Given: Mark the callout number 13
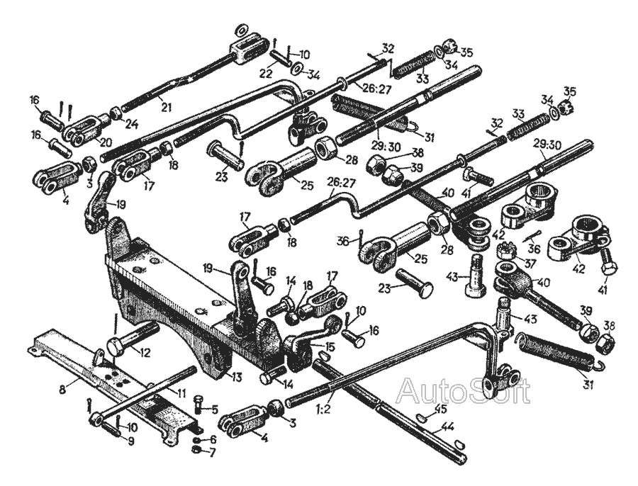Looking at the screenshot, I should click(235, 378).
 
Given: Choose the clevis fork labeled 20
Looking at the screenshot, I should click(85, 129).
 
